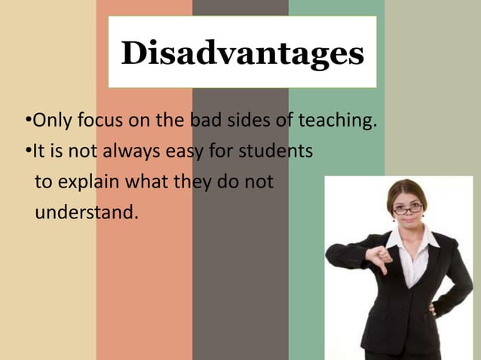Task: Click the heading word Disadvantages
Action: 242,53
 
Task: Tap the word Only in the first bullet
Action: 49,121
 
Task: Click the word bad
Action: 206,121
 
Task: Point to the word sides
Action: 250,121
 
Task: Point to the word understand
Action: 87,213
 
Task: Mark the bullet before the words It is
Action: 27,152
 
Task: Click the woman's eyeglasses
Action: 408,209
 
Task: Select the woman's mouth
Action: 409,224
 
